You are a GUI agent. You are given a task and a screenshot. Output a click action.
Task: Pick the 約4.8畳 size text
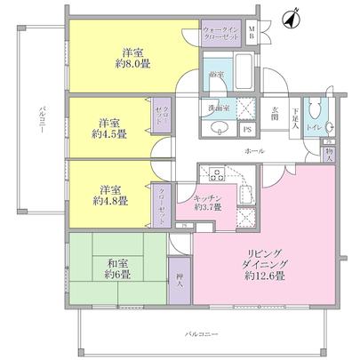click(x=112, y=200)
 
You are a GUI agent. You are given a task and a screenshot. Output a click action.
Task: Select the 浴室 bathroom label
click(x=216, y=76)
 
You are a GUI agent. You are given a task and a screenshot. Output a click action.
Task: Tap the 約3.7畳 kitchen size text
click(x=210, y=207)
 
